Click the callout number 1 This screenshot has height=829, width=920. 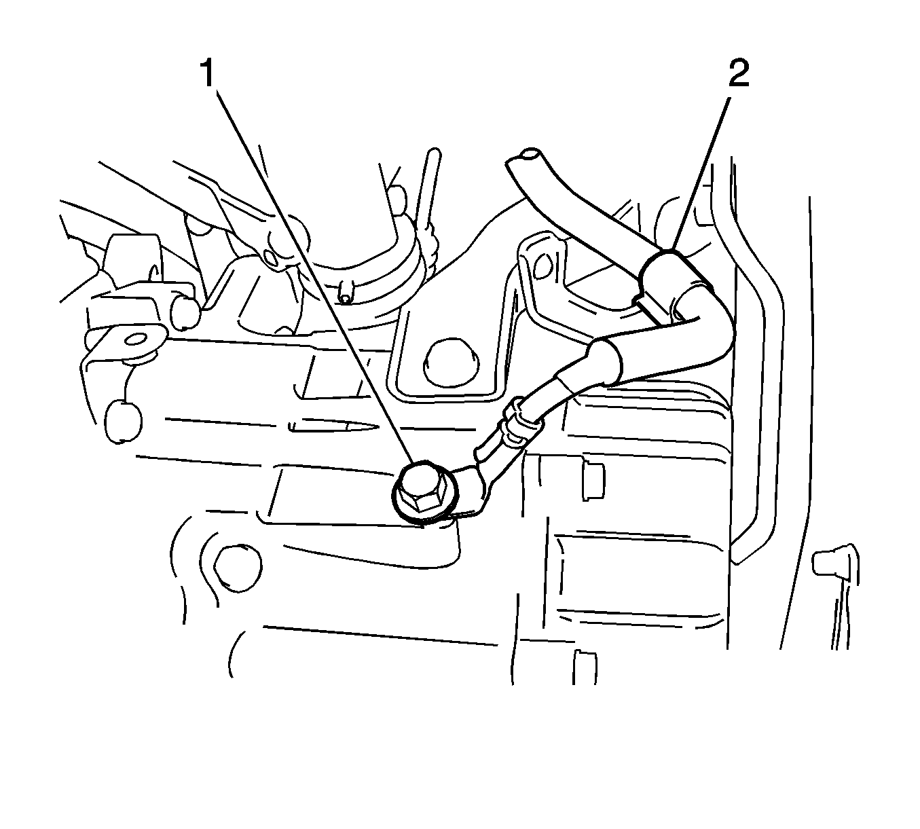coord(208,73)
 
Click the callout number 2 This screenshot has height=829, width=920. coord(739,73)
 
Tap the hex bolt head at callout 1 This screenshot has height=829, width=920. coord(420,490)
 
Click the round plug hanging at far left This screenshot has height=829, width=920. coord(123,420)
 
